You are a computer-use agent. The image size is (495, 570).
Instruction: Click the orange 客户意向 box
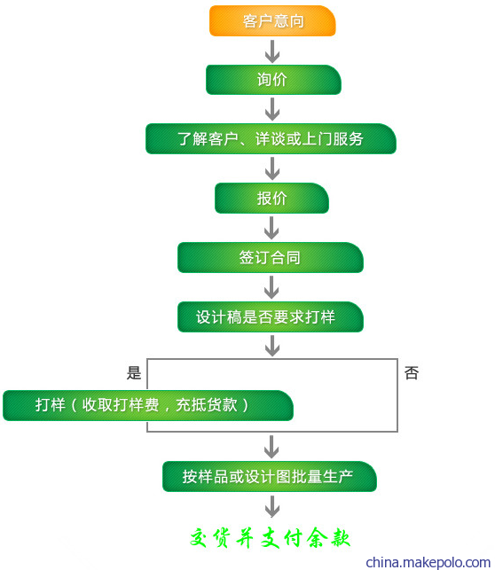(x=272, y=20)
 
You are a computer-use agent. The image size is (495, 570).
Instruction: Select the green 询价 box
(x=273, y=80)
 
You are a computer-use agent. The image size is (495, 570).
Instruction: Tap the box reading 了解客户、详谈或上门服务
(x=271, y=139)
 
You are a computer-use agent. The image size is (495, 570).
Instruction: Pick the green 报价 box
(x=271, y=198)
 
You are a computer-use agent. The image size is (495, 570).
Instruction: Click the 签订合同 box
(x=271, y=257)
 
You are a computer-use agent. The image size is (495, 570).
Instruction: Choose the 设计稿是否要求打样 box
(x=271, y=316)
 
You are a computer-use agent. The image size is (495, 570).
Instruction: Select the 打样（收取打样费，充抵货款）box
(x=148, y=405)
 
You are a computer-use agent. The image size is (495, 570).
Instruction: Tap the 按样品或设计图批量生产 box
(x=270, y=476)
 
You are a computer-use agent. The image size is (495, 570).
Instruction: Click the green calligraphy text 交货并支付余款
(x=270, y=538)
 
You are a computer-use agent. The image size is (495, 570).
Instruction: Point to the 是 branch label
(x=134, y=373)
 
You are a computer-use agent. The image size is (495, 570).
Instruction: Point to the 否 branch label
(x=412, y=373)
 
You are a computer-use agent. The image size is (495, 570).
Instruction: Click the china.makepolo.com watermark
(x=428, y=562)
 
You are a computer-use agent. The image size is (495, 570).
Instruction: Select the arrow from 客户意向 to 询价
(x=272, y=51)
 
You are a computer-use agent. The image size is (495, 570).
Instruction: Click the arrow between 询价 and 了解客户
(x=272, y=109)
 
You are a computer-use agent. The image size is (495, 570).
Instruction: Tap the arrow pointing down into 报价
(x=272, y=168)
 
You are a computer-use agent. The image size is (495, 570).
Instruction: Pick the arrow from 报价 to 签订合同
(x=271, y=228)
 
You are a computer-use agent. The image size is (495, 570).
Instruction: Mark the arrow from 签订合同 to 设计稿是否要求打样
(x=271, y=287)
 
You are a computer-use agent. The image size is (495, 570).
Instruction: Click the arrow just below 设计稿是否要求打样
(x=272, y=346)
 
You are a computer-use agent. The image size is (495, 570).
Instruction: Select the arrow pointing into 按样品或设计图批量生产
(x=271, y=447)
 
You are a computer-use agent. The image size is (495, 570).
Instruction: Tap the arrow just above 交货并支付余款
(x=272, y=506)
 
